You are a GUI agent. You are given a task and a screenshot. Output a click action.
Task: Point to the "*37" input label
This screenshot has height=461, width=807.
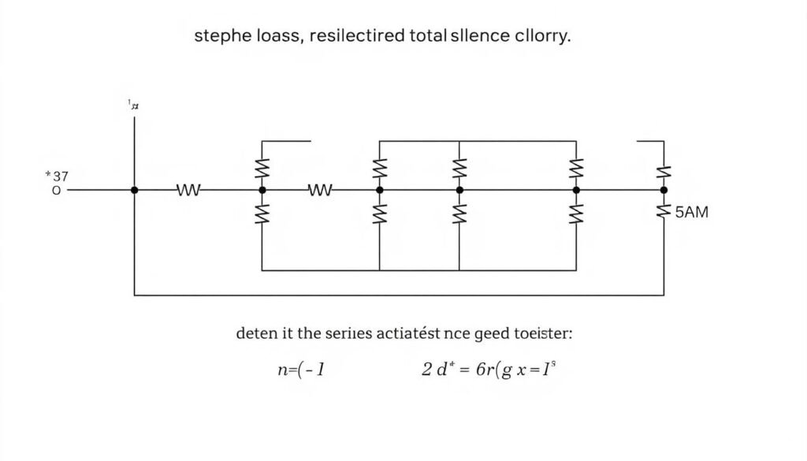point(57,176)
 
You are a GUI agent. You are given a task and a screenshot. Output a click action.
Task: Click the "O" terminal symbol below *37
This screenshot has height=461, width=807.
point(55,190)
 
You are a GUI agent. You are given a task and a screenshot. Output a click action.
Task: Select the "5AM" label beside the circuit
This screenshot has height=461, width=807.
point(692,211)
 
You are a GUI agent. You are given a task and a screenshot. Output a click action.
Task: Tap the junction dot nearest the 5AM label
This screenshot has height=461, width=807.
point(663,190)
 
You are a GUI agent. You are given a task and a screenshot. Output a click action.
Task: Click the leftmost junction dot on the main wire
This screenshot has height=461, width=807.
point(135,190)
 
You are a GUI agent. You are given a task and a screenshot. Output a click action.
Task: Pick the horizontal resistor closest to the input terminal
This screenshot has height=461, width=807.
point(189,190)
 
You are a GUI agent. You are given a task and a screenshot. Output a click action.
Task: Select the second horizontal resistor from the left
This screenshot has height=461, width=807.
point(320,190)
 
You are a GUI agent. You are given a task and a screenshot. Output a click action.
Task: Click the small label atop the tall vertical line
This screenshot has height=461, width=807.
point(134,104)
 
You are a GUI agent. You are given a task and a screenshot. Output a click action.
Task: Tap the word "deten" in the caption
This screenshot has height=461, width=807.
point(256,333)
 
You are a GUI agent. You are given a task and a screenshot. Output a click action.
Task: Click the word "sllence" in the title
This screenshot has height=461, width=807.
point(473,37)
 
